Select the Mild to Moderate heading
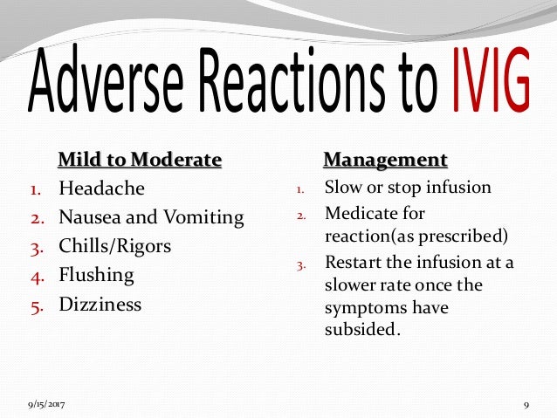click(139, 160)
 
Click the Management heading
click(385, 160)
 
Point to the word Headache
click(101, 188)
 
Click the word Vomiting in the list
click(207, 217)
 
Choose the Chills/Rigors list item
click(114, 246)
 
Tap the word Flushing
click(96, 275)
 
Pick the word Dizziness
click(100, 305)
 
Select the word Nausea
click(88, 217)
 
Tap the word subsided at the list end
click(360, 330)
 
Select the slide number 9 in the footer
click(527, 404)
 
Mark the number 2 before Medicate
click(299, 214)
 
